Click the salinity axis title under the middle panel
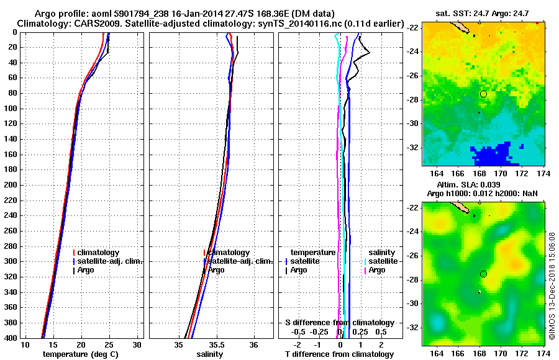coord(210,354)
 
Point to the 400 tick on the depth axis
coord(11,338)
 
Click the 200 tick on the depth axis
coord(11,185)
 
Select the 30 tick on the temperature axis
coord(138,344)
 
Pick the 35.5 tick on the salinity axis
coord(217,344)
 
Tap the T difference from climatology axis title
coord(339,354)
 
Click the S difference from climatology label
coord(339,323)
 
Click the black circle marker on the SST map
coord(483,94)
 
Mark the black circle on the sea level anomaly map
coord(483,274)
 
